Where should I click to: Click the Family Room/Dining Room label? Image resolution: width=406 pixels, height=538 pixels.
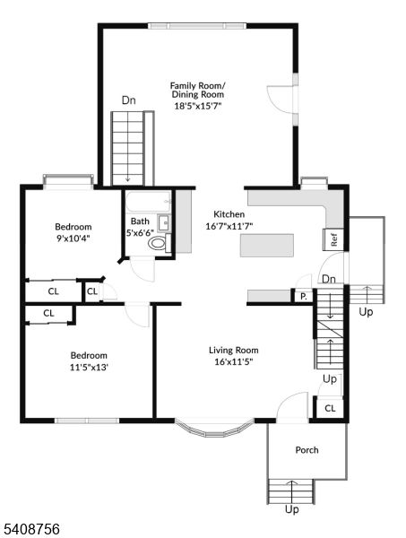[198, 90]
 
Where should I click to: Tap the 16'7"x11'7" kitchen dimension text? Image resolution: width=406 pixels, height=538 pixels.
[229, 227]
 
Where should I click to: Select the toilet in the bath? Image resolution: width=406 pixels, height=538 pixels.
[158, 242]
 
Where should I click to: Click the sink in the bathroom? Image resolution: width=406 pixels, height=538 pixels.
[163, 223]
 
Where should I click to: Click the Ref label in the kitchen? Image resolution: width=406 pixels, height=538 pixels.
[333, 239]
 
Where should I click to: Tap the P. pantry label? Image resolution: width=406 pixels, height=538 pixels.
[303, 296]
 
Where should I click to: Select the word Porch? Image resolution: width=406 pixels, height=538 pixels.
[307, 450]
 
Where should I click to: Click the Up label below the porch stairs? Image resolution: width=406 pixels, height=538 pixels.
[291, 509]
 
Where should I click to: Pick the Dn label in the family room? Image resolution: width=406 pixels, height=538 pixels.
[129, 100]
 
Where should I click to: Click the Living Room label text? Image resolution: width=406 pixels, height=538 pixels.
[234, 350]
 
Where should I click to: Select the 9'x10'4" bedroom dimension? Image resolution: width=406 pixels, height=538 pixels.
[73, 239]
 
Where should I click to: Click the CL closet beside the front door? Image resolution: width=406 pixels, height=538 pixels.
[329, 408]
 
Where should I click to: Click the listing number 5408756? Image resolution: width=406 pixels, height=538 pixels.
[31, 530]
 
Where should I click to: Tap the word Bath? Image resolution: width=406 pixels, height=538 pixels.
[140, 221]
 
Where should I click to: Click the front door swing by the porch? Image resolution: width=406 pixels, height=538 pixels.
[291, 408]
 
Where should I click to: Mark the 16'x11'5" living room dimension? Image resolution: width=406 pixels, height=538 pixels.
[234, 362]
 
